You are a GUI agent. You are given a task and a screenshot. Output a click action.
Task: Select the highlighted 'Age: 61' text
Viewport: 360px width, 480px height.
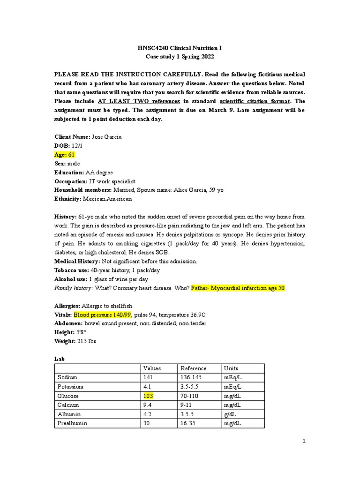65,154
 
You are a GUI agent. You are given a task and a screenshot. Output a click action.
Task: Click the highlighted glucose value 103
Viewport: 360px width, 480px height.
149,396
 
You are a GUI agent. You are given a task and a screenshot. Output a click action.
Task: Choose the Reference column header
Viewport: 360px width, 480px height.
193,368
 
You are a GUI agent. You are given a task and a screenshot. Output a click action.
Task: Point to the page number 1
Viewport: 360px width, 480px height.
304,441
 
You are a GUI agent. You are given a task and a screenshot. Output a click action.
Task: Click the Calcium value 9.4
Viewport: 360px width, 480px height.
148,405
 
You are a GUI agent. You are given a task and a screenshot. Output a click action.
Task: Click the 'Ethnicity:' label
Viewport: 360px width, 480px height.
68,199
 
